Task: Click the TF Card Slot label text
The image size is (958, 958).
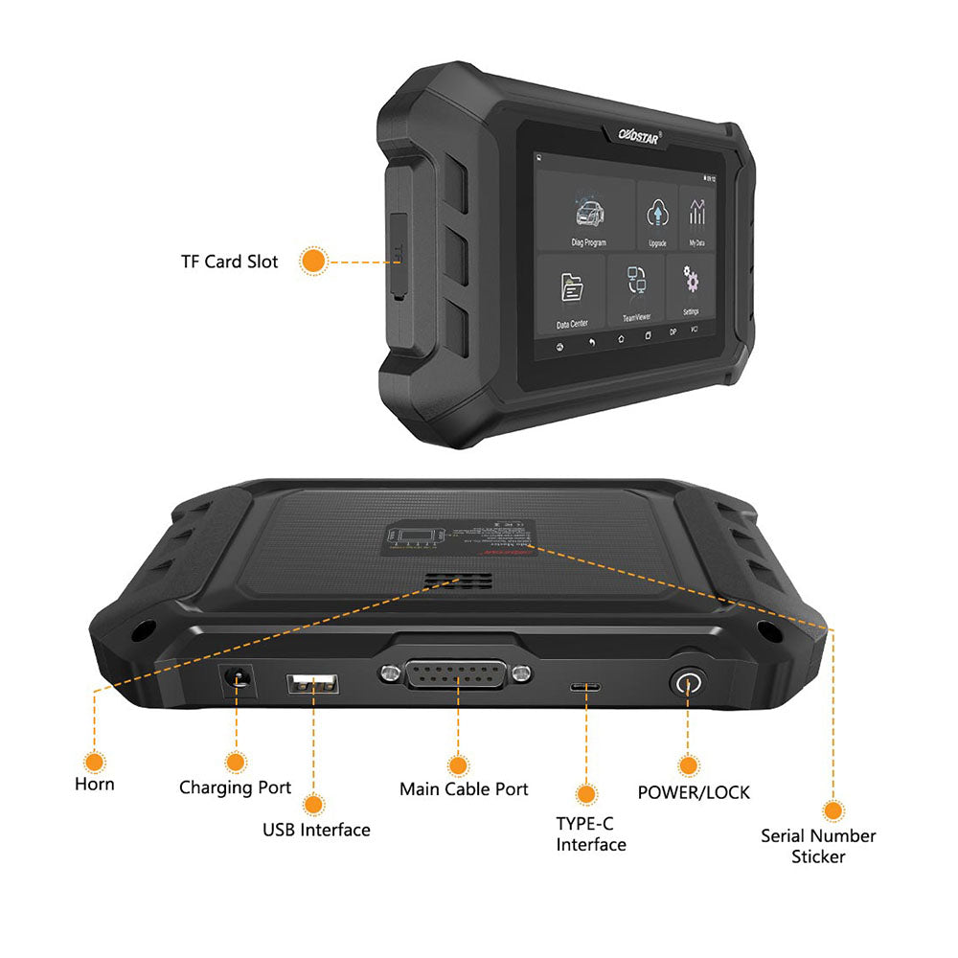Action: click(x=229, y=262)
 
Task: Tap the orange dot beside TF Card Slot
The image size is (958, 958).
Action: click(x=312, y=261)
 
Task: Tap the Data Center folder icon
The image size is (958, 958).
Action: click(x=573, y=288)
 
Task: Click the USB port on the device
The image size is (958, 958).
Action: click(x=312, y=684)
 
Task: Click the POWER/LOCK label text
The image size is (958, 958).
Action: click(x=694, y=793)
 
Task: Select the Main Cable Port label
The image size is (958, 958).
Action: click(x=464, y=790)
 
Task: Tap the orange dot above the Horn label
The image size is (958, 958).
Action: click(x=94, y=763)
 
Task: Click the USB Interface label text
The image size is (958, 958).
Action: click(x=316, y=831)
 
